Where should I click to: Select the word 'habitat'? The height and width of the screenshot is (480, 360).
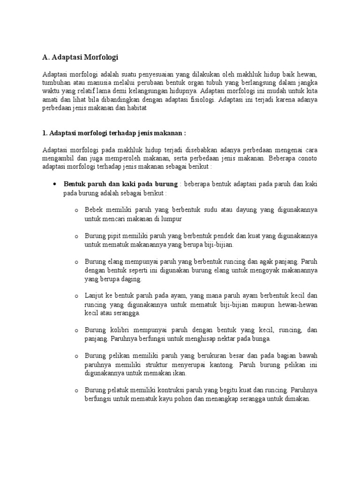point(137,108)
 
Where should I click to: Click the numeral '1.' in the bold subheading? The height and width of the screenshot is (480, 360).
point(45,133)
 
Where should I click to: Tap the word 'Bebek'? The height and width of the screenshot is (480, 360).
point(93,210)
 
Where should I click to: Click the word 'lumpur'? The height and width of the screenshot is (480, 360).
point(171,218)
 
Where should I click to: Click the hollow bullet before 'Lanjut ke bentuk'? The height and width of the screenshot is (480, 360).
point(76,296)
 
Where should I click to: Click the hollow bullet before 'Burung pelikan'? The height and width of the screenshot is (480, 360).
point(76,357)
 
